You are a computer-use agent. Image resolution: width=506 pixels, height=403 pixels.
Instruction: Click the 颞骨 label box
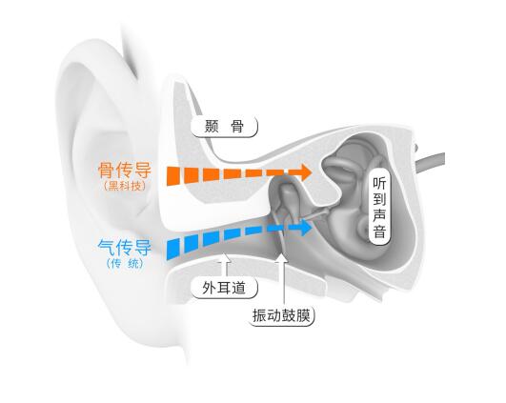[224, 127]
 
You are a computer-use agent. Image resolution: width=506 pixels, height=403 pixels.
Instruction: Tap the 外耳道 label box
[224, 288]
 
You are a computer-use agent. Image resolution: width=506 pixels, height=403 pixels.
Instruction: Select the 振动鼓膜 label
[281, 315]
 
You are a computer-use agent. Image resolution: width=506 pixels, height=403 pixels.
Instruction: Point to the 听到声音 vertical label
[379, 207]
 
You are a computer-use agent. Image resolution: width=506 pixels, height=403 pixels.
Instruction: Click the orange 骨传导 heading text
[125, 170]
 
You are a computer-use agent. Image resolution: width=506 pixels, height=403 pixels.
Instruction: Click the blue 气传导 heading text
[125, 248]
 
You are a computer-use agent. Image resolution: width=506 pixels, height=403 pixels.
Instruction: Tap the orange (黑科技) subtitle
[125, 186]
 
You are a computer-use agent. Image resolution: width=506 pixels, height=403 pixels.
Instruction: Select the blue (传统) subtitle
[125, 263]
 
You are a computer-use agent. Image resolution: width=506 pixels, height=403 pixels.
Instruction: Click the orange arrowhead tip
[312, 172]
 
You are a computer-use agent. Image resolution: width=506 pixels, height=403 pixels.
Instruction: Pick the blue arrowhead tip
[313, 228]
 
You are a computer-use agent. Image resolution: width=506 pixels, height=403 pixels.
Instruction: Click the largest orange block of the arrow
[172, 176]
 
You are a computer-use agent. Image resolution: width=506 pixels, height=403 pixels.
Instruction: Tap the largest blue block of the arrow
[173, 250]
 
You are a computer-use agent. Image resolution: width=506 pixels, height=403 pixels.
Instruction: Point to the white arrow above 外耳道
[226, 265]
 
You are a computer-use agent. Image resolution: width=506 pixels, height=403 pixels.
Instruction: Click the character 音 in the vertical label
[379, 232]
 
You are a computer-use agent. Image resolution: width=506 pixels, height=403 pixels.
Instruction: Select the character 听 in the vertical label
[379, 183]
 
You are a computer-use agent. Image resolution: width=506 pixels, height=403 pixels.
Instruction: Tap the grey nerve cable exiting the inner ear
[430, 162]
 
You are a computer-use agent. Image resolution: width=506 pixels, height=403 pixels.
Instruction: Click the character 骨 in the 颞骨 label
[237, 127]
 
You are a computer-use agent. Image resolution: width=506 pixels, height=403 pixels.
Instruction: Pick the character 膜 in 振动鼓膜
[303, 315]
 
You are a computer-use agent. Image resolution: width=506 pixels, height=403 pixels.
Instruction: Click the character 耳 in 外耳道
[224, 288]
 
